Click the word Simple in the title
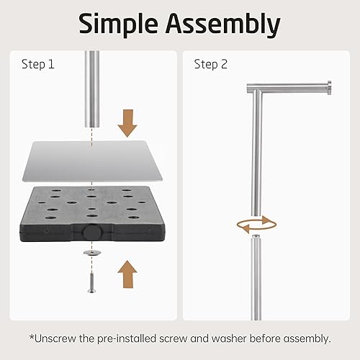(118, 24)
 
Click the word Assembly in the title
(223, 24)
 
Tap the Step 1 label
(38, 64)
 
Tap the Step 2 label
(210, 64)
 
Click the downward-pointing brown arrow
(127, 123)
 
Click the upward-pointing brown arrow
(127, 274)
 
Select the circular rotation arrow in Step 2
(256, 225)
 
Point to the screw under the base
(91, 283)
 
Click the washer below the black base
(92, 252)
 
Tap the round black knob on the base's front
(92, 231)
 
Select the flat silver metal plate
(92, 161)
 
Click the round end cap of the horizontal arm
(330, 88)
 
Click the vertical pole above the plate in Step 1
(92, 89)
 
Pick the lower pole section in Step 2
(256, 279)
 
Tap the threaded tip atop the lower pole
(256, 236)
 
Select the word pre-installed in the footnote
(127, 339)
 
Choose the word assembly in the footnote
(307, 339)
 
